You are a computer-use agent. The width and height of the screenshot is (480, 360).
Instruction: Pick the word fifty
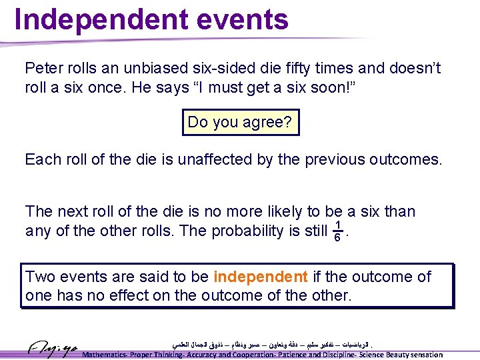pyautogui.click(x=307, y=69)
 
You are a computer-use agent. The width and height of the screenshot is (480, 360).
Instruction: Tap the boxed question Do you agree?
pyautogui.click(x=241, y=122)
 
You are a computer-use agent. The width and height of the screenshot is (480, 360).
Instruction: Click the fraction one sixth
pyautogui.click(x=339, y=230)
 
